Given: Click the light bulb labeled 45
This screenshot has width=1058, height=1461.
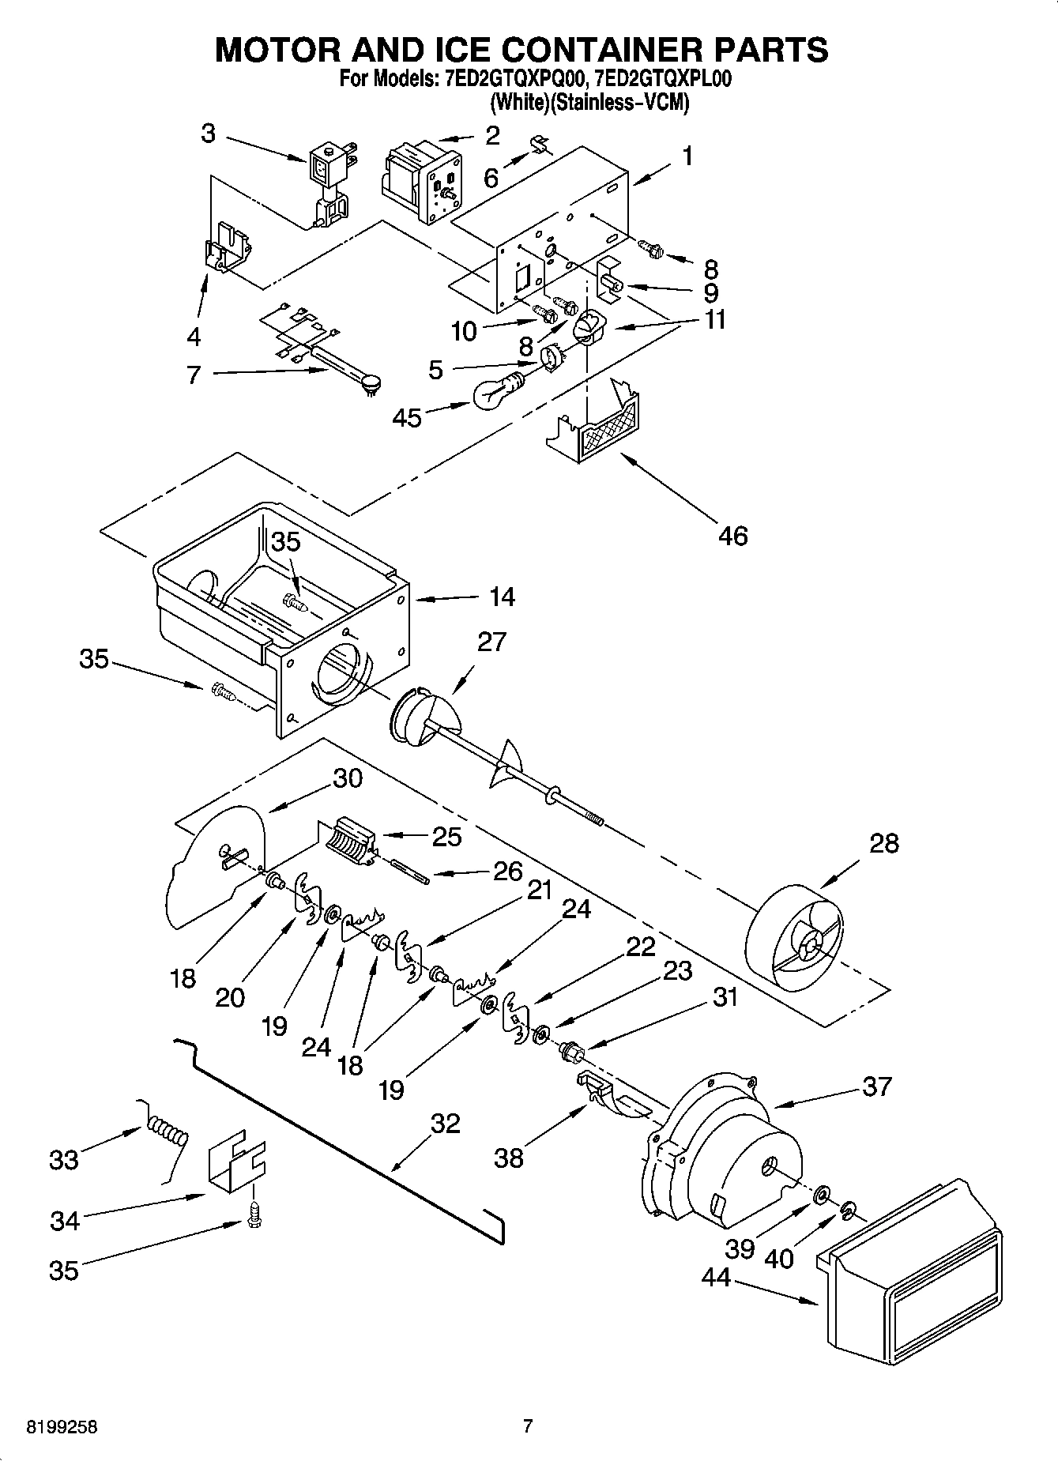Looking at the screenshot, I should (x=495, y=392).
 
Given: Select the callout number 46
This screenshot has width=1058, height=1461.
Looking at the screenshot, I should (x=732, y=536).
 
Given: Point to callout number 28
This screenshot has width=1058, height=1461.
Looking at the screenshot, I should (x=883, y=843).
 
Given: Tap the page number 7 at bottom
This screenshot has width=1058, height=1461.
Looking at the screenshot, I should (x=528, y=1427).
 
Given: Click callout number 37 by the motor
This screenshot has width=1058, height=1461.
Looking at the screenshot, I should (x=877, y=1086).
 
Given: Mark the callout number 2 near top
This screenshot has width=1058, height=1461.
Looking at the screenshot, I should (x=492, y=136).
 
